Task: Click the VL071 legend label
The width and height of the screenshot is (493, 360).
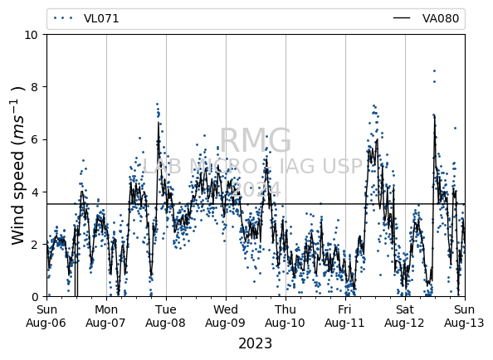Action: [101, 18]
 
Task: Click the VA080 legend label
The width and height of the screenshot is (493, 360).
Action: [441, 18]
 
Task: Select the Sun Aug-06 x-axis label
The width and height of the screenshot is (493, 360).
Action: [46, 316]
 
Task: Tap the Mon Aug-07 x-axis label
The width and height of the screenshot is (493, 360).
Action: [106, 316]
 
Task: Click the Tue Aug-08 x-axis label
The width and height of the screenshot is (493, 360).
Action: [166, 316]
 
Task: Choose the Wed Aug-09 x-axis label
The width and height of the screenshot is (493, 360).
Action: [226, 316]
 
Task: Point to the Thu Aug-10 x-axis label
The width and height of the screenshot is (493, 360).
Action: [286, 316]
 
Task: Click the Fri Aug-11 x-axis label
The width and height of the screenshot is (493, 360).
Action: [345, 316]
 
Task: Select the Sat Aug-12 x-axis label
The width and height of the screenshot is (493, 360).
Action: [405, 316]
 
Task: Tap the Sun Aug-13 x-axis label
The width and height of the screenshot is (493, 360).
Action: [465, 316]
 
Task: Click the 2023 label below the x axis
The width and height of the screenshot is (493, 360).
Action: [256, 343]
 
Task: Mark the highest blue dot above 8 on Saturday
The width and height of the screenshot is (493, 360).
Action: [435, 71]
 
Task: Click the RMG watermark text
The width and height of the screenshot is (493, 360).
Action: [256, 140]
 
